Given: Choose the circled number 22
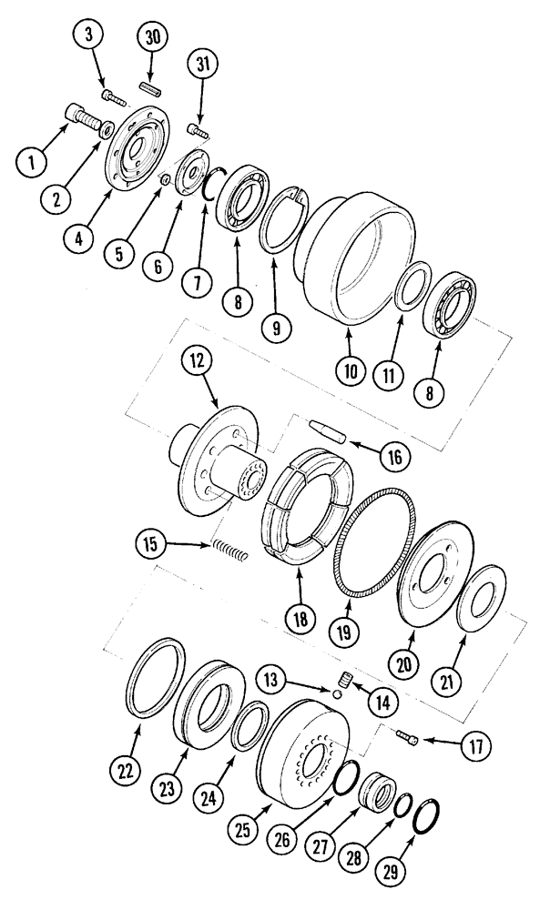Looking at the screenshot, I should [124, 769].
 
